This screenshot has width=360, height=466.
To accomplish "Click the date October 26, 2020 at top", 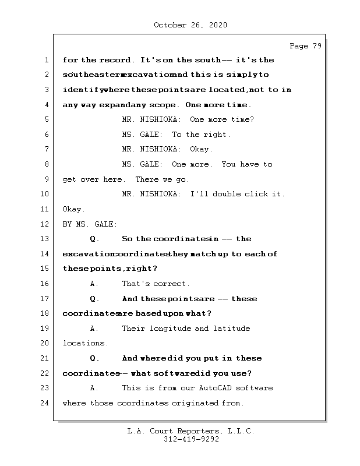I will [190, 25].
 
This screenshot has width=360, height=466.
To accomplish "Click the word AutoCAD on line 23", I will [197, 388].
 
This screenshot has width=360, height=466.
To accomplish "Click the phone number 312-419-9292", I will [191, 440].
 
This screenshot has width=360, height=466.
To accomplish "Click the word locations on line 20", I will [85, 343].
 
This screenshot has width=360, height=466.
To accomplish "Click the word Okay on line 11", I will [73, 209].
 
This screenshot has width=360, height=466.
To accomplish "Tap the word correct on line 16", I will [171, 284].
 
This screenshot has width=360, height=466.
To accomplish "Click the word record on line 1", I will [116, 60].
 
